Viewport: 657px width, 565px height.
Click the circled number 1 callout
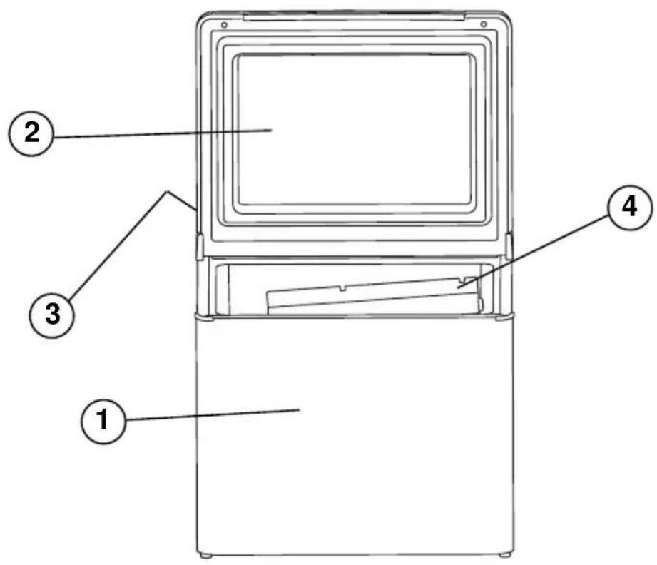103,420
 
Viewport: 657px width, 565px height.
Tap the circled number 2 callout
31,133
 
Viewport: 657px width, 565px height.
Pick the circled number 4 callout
630,208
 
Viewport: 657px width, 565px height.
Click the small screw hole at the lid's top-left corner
224,25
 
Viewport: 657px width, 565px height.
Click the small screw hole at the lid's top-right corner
484,24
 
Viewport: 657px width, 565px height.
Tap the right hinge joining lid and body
509,246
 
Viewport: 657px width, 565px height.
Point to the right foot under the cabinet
504,555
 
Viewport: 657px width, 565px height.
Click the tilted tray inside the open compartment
373,296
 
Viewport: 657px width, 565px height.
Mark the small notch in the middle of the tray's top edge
343,288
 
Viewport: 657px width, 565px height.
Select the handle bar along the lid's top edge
354,17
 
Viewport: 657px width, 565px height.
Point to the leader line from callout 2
163,133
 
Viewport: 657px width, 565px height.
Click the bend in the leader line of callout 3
168,193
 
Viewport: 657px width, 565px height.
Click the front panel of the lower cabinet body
355,435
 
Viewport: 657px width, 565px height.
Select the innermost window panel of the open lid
355,130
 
